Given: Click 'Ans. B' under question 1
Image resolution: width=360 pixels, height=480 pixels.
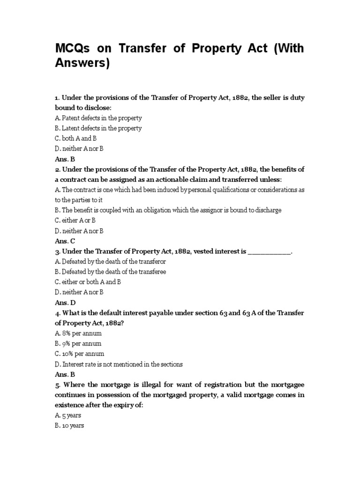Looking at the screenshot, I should point(65,159).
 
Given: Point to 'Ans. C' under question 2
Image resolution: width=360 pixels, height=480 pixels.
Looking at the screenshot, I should point(65,241).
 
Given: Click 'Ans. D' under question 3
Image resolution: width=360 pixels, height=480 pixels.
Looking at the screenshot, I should point(65,302).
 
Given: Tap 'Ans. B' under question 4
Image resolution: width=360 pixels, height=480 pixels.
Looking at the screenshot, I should point(65,375).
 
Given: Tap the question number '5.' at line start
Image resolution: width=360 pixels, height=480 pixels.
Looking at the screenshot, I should point(58,385).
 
